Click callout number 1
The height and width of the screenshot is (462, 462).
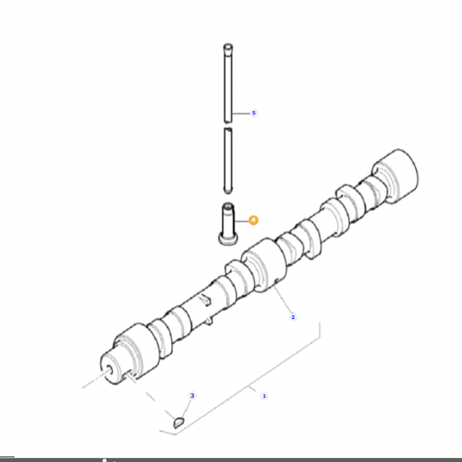click(x=265, y=396)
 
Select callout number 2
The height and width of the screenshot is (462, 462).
click(x=293, y=317)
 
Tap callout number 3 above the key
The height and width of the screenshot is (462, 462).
click(x=193, y=395)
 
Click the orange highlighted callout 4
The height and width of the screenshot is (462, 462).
click(x=253, y=220)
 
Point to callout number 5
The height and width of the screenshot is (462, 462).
click(x=253, y=113)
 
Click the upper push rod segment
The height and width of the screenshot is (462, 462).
click(x=227, y=82)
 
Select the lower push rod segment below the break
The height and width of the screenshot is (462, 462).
click(x=228, y=158)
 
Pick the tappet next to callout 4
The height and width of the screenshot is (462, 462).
click(x=227, y=221)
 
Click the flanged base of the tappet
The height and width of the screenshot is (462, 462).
click(x=227, y=240)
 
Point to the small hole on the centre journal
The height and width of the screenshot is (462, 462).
click(x=273, y=285)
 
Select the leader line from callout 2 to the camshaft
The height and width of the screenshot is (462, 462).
click(x=284, y=304)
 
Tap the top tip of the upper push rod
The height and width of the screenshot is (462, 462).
click(x=227, y=46)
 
